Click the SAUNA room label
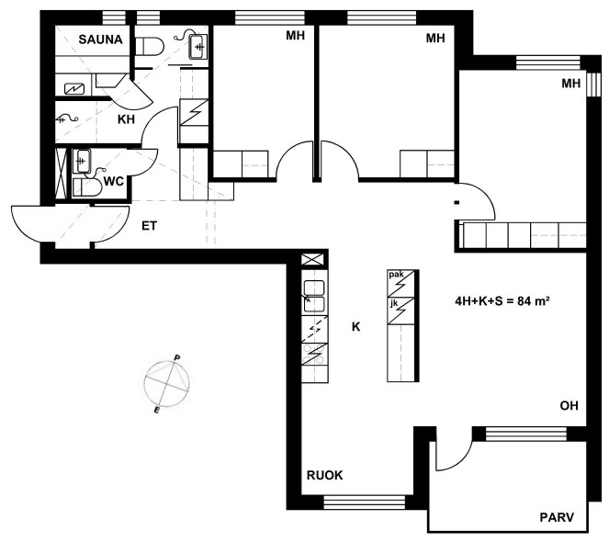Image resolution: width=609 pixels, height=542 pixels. point(100,40)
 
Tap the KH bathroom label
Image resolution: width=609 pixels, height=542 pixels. point(126,119)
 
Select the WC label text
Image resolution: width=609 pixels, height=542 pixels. point(113,181)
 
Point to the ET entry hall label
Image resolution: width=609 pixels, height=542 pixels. point(149,226)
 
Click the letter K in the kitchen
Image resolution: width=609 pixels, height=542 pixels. point(355,327)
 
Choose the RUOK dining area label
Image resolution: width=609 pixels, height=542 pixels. point(324,475)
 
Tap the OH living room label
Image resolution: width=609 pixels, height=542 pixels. point(569,406)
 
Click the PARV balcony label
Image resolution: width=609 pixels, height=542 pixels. point(557,517)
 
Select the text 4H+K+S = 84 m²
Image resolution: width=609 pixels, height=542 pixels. point(502,300)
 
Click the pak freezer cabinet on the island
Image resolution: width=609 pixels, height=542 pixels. point(401,284)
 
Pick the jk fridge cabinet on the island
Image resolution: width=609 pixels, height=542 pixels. point(401,311)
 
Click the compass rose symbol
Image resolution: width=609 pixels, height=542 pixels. point(167,383)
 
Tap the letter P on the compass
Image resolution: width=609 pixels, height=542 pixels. point(176,357)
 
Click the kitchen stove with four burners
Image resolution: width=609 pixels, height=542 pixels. point(314,354)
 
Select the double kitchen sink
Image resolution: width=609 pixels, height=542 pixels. point(314,296)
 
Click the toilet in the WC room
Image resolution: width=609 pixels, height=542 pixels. point(87,187)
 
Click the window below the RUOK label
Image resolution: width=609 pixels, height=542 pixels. point(364,502)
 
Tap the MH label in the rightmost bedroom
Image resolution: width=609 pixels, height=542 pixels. point(571,84)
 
